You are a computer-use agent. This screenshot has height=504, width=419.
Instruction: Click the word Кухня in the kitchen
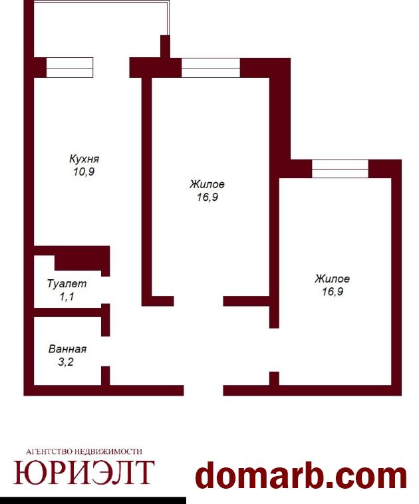84,159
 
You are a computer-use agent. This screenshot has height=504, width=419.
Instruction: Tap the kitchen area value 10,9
84,172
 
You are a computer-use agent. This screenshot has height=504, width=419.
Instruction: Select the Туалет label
67,284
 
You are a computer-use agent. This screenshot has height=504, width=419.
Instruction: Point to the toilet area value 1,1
67,297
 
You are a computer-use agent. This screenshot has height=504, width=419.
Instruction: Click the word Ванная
67,349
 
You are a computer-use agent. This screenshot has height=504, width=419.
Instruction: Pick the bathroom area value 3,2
66,362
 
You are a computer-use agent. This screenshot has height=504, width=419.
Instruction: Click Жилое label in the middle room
207,184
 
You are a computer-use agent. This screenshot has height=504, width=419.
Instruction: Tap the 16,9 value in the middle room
208,197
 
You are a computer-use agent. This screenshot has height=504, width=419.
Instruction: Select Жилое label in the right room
332,279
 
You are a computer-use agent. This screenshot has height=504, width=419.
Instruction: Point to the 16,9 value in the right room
333,291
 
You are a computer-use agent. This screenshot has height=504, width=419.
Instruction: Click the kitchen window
70,68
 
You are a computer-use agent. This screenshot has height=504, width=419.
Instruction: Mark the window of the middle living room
211,68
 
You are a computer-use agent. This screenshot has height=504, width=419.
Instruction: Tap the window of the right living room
341,169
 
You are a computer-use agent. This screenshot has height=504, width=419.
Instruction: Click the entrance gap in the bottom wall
204,390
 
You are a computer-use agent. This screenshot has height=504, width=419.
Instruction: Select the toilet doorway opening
106,290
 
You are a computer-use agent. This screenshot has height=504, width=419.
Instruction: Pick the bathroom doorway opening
106,351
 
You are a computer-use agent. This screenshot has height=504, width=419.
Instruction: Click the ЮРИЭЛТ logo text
84,473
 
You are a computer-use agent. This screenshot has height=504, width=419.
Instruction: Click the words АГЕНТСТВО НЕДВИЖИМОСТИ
84,451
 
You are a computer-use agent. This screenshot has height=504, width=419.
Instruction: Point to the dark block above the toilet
82,262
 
